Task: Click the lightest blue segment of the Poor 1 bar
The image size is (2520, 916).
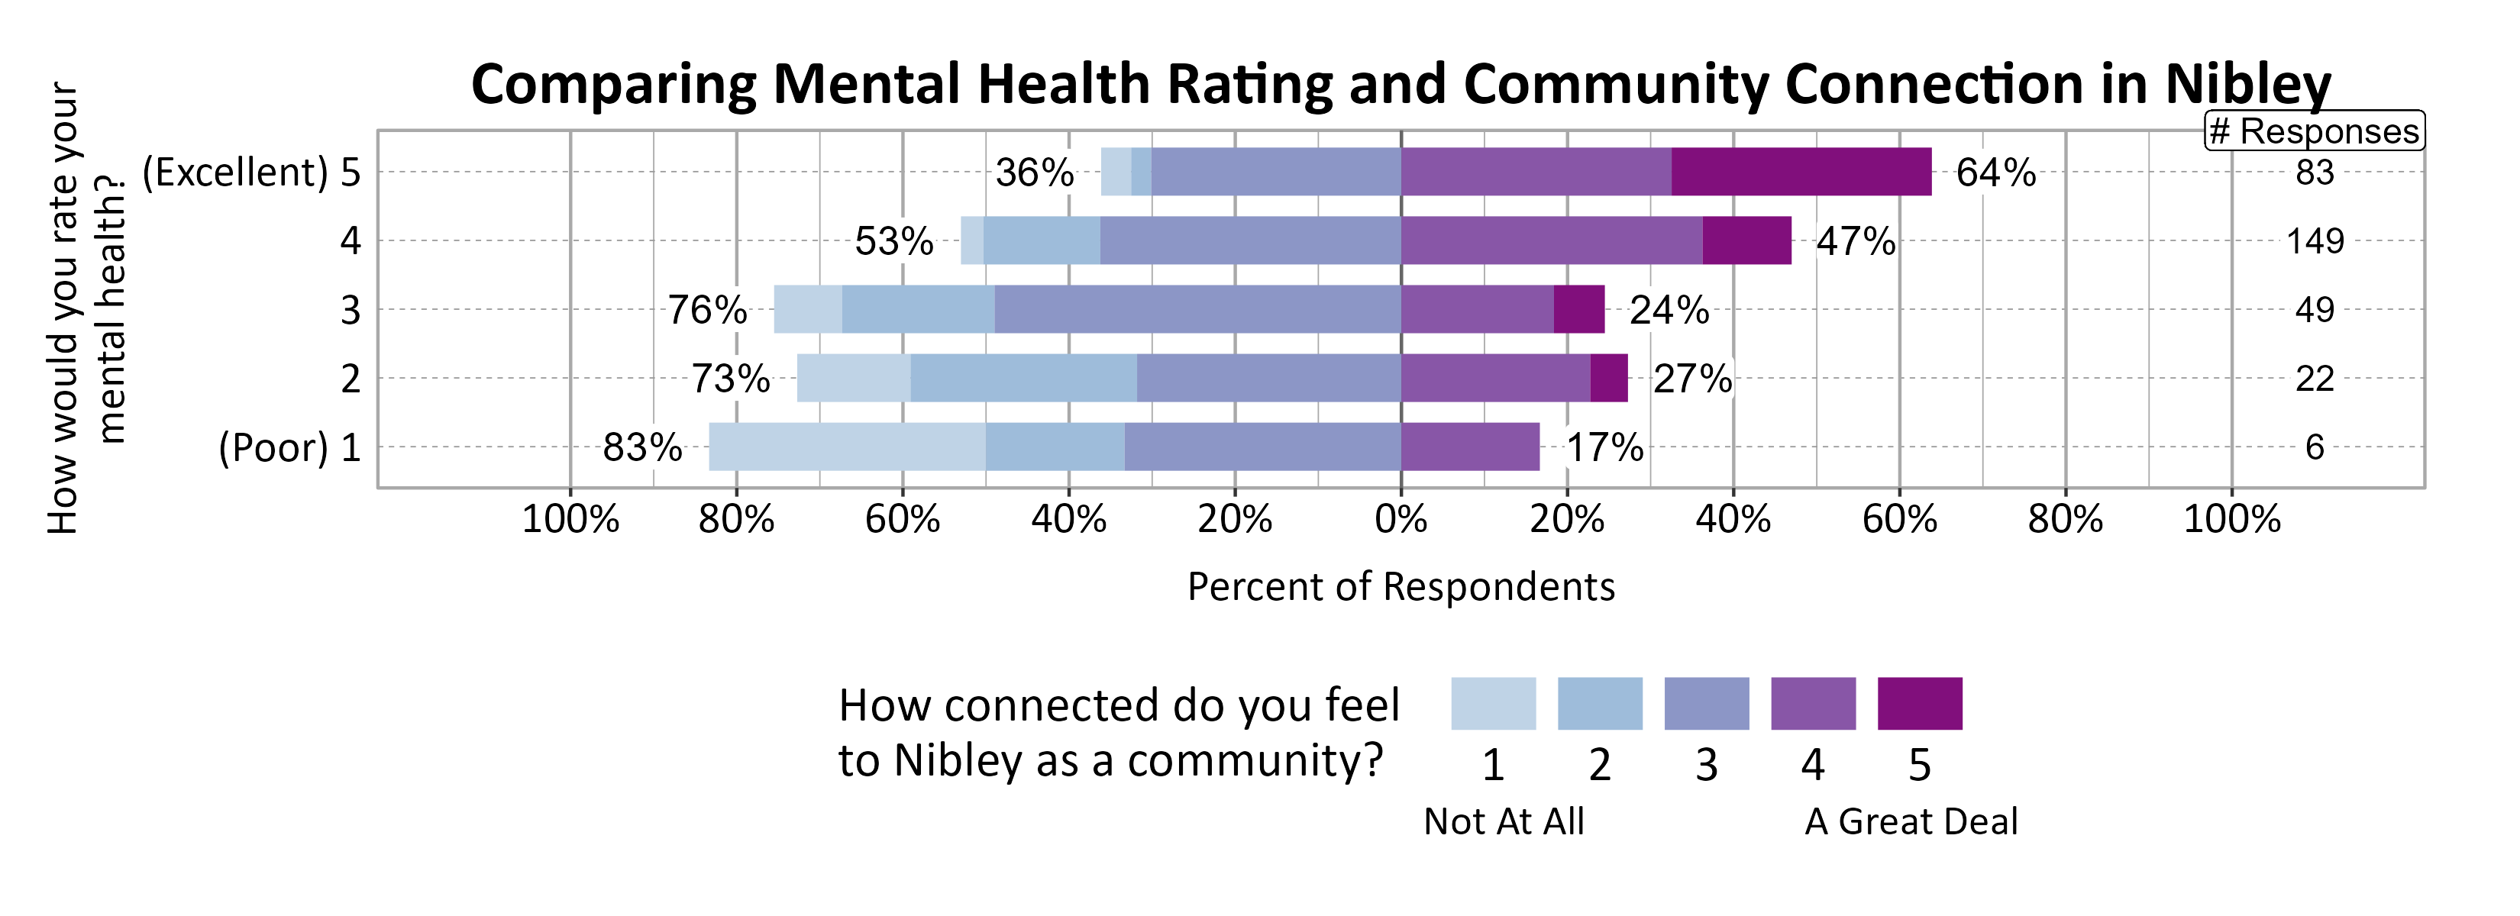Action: click(x=846, y=447)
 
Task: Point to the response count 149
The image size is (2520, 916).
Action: click(x=2315, y=240)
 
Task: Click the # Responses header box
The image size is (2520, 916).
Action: click(x=2314, y=130)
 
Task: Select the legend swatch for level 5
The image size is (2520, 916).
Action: click(x=1919, y=703)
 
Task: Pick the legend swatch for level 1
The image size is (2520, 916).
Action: click(x=1493, y=703)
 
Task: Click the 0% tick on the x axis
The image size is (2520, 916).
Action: click(x=1400, y=519)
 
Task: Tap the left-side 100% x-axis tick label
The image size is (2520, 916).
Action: click(x=570, y=519)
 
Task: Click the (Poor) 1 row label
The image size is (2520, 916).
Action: click(x=289, y=448)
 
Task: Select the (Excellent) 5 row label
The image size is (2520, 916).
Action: click(x=251, y=172)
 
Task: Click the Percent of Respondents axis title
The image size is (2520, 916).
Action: click(x=1400, y=586)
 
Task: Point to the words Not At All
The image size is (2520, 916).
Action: click(x=1504, y=821)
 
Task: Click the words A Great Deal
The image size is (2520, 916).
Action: click(x=1911, y=821)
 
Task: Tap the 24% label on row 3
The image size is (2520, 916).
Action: click(x=1669, y=310)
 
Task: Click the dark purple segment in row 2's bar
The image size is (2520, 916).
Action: click(x=1608, y=379)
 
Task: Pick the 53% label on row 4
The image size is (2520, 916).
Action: click(x=893, y=241)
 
